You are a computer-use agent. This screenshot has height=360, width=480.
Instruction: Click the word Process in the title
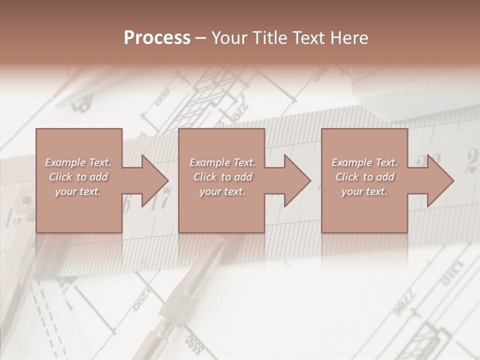tap(157, 38)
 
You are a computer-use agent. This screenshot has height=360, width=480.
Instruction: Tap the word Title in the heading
tap(270, 38)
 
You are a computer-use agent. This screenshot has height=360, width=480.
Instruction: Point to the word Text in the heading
tap(309, 38)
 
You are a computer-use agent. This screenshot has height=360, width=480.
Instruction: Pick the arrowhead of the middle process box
tap(296, 180)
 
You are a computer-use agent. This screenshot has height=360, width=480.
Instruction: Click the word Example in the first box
tap(65, 162)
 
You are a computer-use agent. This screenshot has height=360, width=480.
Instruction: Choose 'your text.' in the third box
tap(364, 191)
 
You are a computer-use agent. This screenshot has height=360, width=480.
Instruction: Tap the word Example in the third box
tap(352, 162)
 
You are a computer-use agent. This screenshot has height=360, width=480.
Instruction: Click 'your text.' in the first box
tap(78, 191)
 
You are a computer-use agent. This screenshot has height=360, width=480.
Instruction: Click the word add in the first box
tap(99, 177)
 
